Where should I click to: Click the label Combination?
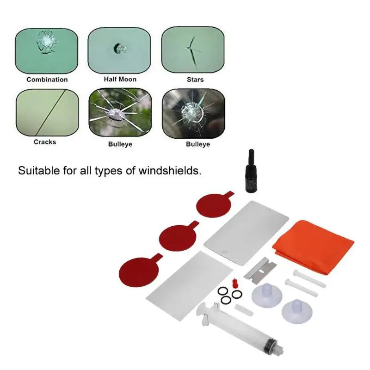coord(47,80)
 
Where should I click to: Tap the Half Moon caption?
coord(120,79)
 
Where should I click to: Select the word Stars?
coord(195,80)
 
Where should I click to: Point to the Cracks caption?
coord(45,142)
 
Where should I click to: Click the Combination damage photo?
coord(47,51)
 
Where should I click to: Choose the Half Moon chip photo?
coord(119,50)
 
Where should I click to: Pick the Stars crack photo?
coord(193,50)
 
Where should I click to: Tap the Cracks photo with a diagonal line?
coord(48,112)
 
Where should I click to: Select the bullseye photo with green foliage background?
coord(120,113)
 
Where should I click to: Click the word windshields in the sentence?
coord(170,170)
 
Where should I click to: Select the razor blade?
coord(260,269)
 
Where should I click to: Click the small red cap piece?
coord(234,283)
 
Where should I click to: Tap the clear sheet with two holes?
coord(247,233)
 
